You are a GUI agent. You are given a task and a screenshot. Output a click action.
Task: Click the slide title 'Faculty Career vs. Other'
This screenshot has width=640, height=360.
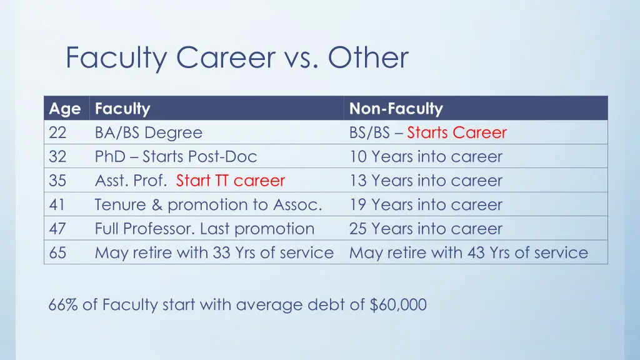237,58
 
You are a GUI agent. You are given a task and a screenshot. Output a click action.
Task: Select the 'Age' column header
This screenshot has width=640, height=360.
65,109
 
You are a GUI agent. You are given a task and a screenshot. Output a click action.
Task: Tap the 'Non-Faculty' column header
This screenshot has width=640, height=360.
396,109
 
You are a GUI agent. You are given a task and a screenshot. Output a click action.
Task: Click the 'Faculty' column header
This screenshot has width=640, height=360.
122,109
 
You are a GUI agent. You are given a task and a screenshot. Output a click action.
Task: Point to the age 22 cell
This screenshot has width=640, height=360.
57,133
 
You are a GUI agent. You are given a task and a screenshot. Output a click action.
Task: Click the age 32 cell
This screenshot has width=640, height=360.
57,157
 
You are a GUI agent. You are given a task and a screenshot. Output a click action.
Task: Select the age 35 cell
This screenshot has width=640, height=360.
57,181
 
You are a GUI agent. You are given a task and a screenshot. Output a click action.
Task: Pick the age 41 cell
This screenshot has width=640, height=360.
57,205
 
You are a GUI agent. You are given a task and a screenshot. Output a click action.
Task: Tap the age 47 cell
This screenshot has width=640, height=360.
57,229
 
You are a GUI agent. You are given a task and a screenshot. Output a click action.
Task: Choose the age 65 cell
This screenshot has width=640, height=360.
57,252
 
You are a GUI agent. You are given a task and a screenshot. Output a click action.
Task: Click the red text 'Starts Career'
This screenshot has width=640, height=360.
457,133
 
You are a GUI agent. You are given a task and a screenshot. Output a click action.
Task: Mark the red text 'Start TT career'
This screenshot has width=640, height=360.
230,181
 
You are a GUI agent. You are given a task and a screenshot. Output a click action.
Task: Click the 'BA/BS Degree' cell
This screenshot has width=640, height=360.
149,133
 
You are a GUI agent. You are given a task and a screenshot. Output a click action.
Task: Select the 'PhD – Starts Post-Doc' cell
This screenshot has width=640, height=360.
176,157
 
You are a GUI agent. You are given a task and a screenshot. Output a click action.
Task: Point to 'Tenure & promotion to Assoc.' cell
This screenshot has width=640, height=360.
208,205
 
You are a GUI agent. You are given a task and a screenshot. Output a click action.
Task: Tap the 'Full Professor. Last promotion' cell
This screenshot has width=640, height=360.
204,229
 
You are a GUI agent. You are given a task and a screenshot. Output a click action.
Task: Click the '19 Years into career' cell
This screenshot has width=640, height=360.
426,205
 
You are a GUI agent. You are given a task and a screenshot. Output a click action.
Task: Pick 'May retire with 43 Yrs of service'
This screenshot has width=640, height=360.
469,252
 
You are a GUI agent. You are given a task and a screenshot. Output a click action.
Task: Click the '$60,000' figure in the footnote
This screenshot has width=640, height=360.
398,305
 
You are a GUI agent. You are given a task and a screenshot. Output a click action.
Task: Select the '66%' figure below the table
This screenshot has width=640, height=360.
62,305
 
